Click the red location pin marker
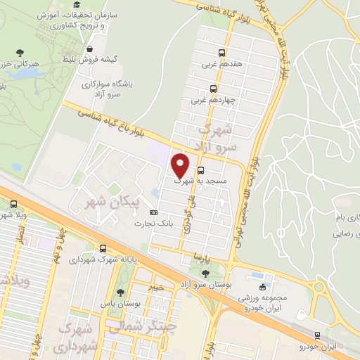181,165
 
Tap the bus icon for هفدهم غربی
222,53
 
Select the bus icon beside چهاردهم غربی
212,89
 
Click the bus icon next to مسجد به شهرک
202,170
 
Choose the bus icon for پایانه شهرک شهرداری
103,248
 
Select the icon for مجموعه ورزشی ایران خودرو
263,287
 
